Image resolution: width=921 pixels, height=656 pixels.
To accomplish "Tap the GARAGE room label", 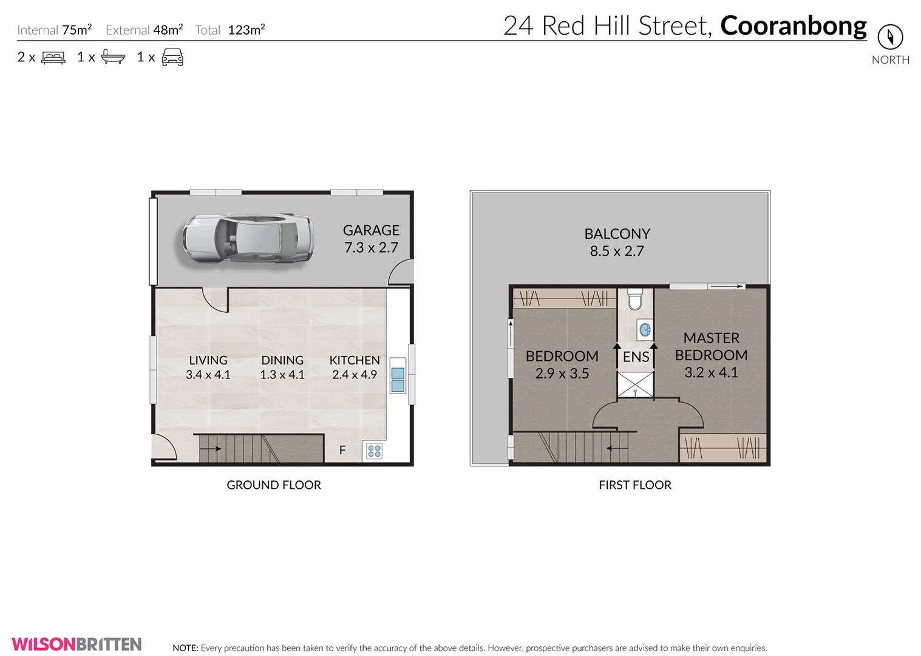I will [371, 230].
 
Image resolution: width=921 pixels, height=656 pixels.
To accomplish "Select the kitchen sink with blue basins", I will [398, 380].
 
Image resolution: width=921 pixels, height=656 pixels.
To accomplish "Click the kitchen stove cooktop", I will [374, 451].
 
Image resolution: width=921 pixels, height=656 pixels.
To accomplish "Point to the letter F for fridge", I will [342, 450].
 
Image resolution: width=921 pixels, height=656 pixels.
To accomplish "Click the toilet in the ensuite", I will [634, 299].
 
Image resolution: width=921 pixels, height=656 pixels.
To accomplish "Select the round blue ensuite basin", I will [645, 330].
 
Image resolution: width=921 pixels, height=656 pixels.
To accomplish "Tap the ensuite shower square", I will [635, 385].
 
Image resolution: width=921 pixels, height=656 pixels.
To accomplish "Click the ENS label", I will [636, 357].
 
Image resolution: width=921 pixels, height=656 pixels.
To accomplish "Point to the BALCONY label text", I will [617, 234].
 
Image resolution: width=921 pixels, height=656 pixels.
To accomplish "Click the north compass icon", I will [890, 37].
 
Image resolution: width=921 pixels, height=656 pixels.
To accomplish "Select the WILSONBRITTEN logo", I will [76, 644].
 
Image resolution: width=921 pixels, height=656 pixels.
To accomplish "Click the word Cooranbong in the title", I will [793, 26].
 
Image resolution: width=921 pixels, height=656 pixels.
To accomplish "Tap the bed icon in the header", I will [53, 58].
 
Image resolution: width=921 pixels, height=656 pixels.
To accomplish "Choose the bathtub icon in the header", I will [113, 57].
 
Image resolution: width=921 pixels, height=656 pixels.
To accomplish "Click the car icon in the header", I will [172, 57].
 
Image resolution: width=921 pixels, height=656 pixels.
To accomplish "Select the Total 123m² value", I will [246, 30].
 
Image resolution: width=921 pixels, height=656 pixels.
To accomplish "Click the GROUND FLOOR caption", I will [274, 485].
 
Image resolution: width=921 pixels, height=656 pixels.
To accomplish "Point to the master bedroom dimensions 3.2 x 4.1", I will [711, 372].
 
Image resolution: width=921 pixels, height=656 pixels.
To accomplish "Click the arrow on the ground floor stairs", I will [210, 449].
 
